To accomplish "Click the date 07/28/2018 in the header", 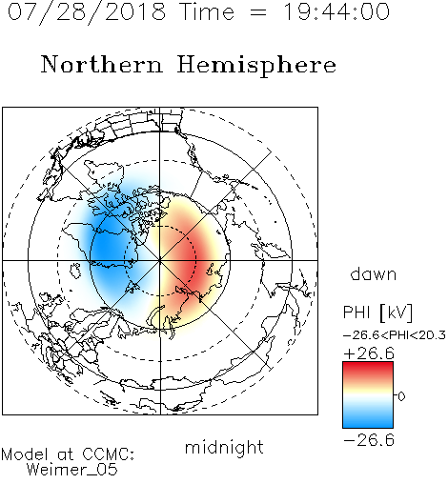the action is coord(87,12).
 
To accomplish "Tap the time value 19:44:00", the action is coord(336,11).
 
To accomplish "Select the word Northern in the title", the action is coord(102,64).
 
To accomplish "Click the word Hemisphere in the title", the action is coord(256,66).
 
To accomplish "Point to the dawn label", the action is coord(374,273).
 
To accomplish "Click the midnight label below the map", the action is coord(224,448).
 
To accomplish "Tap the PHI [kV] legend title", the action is coord(377,313).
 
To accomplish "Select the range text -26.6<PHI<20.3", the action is coord(395,335).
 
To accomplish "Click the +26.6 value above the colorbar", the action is coord(369,353).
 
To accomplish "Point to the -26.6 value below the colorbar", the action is coord(369,440).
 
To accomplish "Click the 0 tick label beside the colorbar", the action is coord(401,396).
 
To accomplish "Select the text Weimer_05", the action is coord(72,470).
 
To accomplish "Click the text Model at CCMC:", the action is coord(68,454).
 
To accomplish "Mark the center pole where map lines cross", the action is coord(160,260).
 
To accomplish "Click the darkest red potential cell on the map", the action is coord(190,260).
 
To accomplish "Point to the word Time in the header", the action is coord(207,11).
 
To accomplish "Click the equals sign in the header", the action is coord(258,12).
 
